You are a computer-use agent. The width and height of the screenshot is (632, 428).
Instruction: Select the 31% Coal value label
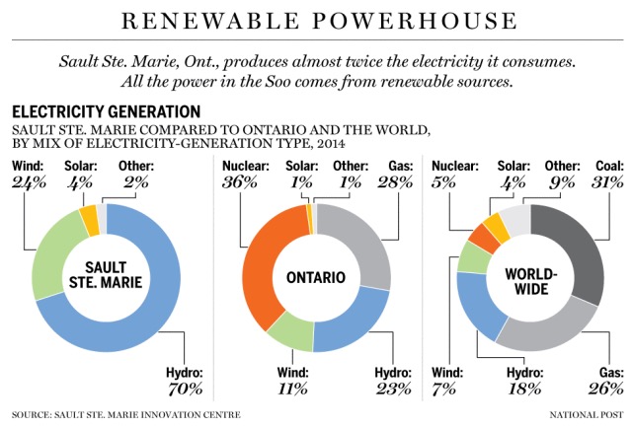[606, 182]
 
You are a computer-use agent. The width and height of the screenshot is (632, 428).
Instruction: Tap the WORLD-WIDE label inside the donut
[529, 277]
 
